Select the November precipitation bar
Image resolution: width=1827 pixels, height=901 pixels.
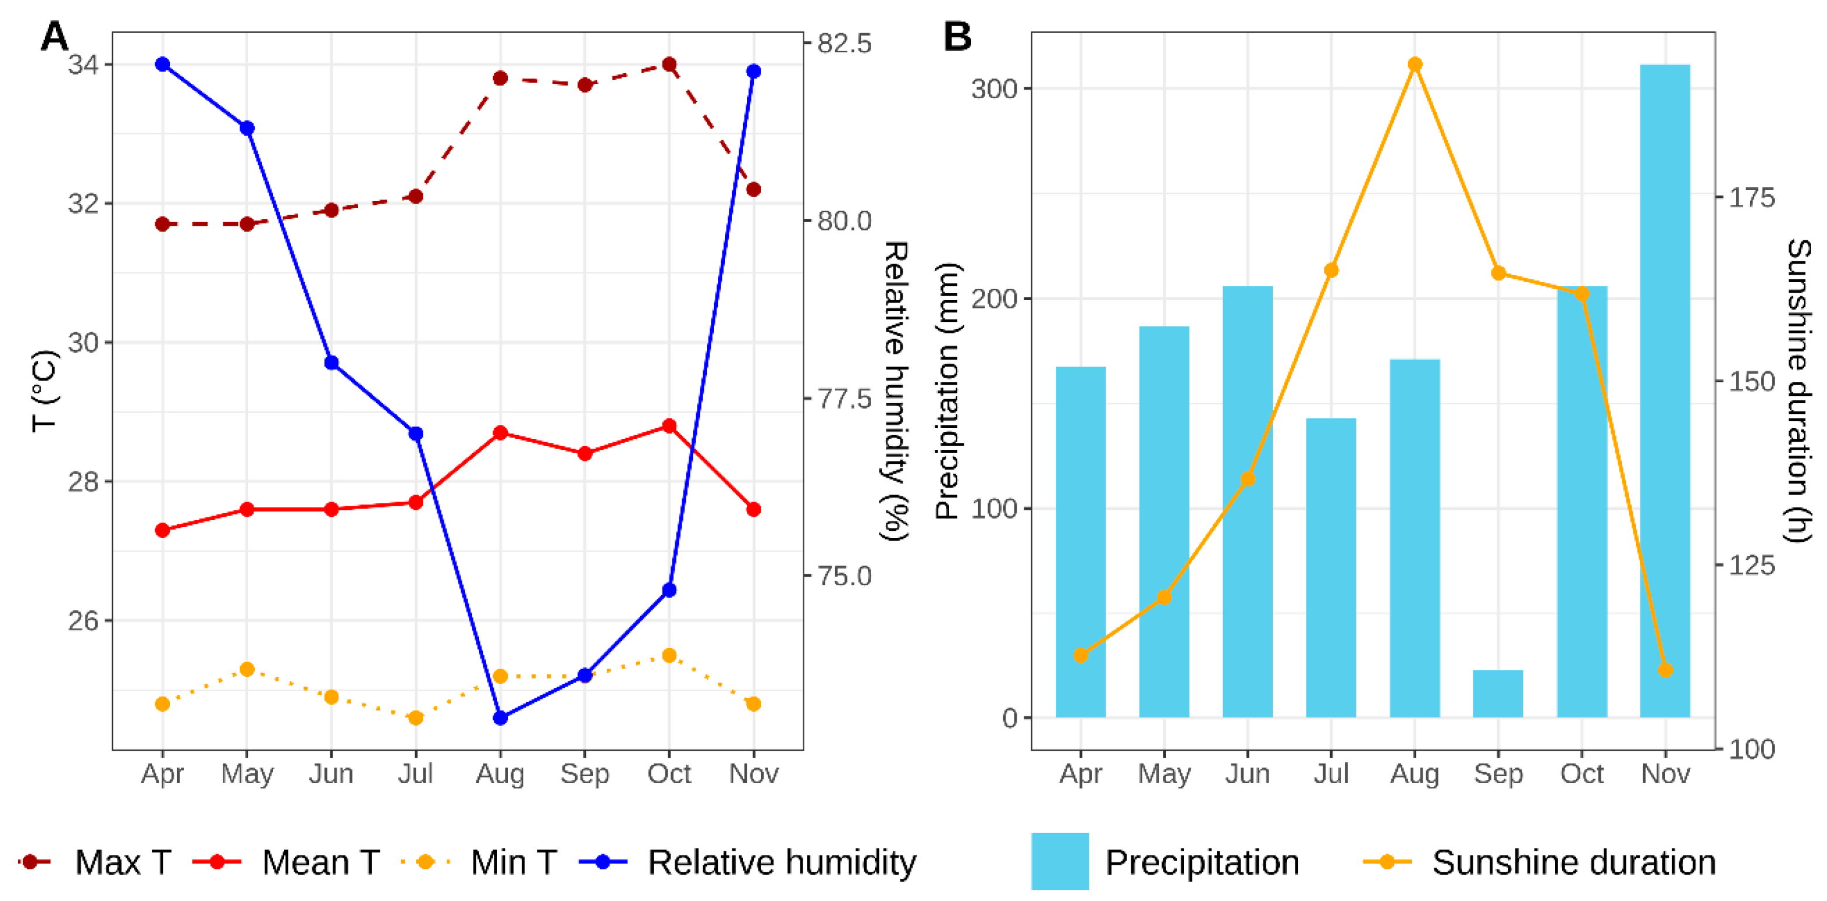(x=1664, y=390)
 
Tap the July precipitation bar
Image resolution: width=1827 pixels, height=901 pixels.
(x=1331, y=568)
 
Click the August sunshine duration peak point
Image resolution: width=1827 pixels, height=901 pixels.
(x=1414, y=64)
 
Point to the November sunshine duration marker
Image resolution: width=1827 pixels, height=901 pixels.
(x=1665, y=669)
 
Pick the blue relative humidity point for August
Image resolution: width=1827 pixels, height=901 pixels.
(x=500, y=718)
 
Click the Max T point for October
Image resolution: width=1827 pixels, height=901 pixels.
(x=669, y=64)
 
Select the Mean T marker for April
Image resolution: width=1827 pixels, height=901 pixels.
(x=163, y=530)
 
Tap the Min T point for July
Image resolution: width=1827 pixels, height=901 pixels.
(x=416, y=718)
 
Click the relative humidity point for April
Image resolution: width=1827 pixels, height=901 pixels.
(x=163, y=64)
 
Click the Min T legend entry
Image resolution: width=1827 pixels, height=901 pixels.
(x=513, y=862)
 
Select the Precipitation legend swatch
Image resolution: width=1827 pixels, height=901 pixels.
(x=1059, y=861)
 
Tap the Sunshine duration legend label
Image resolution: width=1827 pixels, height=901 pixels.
(x=1573, y=862)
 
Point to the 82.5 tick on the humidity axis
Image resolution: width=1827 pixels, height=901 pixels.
(x=843, y=44)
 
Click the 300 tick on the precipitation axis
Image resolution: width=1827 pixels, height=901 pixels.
(x=993, y=89)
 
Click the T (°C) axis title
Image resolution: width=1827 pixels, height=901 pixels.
(x=44, y=390)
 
